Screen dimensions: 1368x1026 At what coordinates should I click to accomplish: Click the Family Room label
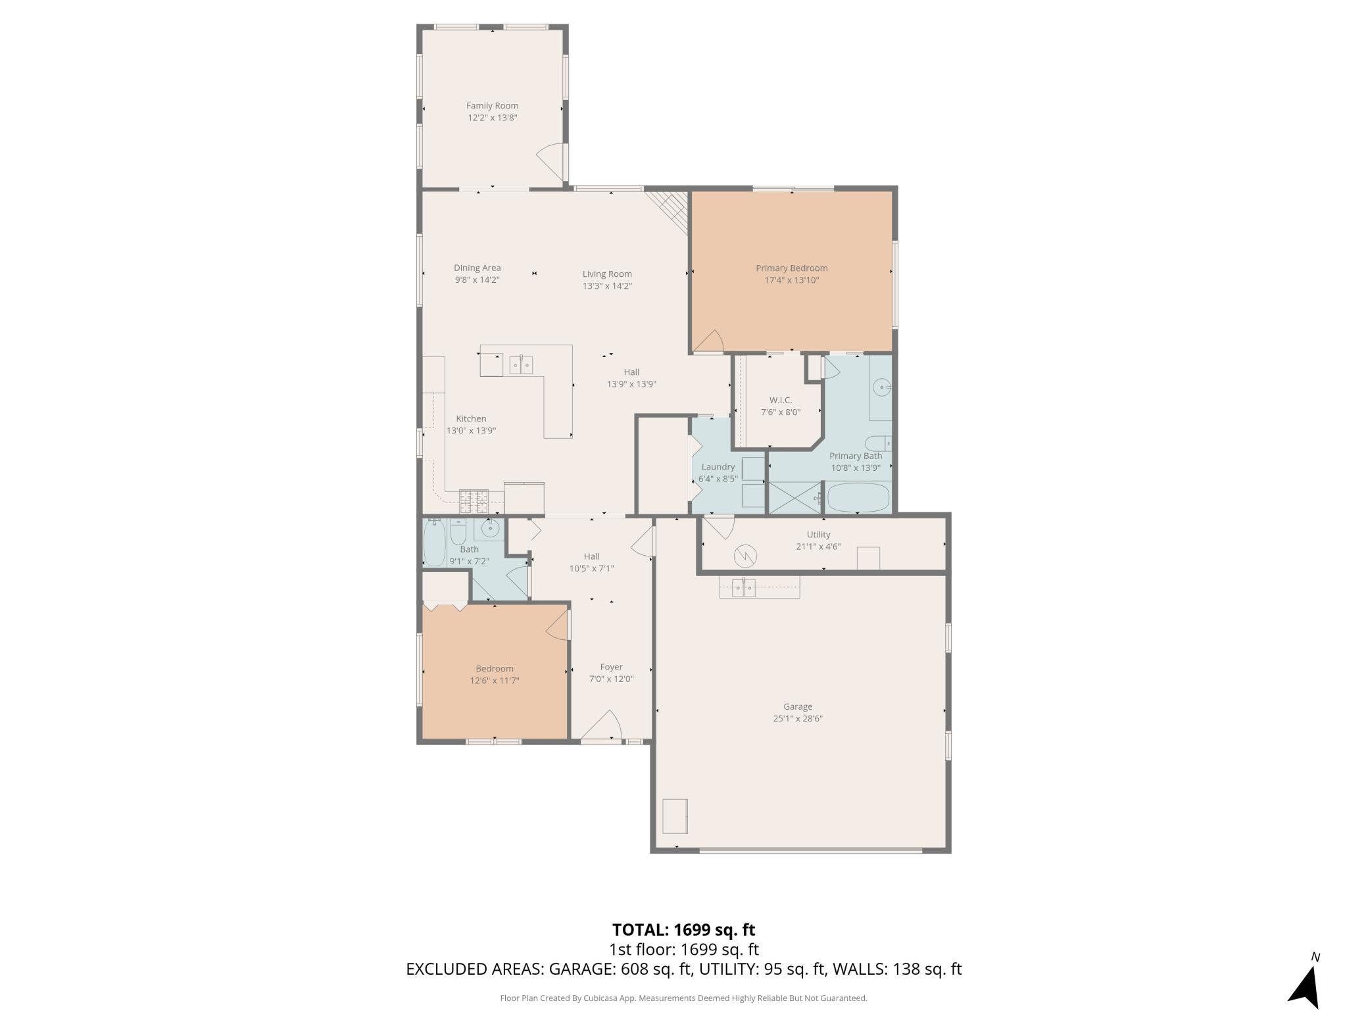click(492, 105)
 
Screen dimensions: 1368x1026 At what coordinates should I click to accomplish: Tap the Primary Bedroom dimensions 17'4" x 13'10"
click(791, 280)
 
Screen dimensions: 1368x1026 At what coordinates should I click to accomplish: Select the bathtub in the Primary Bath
click(858, 498)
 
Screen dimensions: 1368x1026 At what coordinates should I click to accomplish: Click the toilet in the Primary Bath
click(879, 443)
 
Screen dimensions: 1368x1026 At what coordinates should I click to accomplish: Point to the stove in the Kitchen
click(474, 502)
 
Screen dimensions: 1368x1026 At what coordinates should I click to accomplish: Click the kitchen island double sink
click(521, 364)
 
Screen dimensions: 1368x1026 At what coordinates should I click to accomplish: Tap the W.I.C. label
click(781, 400)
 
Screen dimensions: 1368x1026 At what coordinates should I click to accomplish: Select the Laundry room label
click(718, 467)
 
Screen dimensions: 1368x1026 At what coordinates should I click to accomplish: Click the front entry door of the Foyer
click(602, 726)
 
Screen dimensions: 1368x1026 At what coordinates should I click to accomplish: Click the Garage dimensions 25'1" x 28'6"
click(798, 719)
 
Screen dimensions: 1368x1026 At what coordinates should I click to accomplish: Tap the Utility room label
click(818, 535)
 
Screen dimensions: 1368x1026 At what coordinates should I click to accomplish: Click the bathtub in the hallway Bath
click(434, 542)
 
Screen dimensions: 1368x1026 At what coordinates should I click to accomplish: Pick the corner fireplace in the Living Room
click(668, 211)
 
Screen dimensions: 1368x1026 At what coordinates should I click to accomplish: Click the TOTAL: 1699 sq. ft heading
click(683, 930)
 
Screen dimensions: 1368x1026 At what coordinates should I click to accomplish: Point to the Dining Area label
click(477, 268)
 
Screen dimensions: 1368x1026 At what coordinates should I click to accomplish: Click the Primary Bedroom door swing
click(708, 341)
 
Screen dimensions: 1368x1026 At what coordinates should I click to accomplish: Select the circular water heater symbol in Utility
click(745, 556)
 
